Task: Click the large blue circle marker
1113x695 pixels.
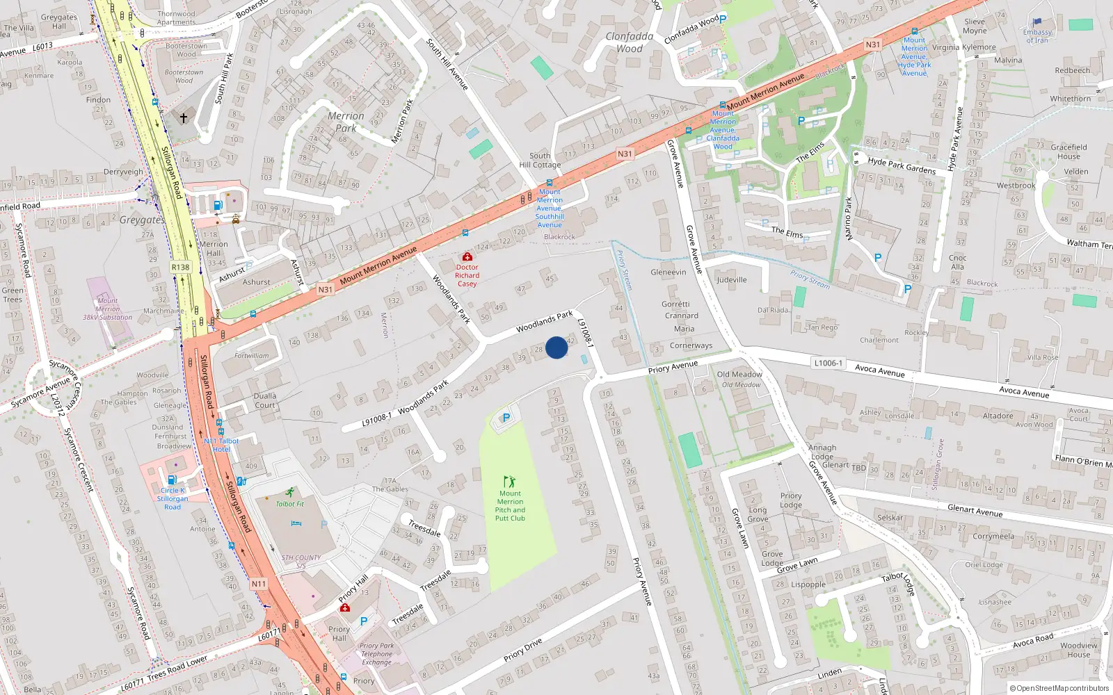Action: pos(556,347)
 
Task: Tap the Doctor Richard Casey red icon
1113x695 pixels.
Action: pos(467,257)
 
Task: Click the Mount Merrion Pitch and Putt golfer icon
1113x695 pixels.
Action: pos(510,482)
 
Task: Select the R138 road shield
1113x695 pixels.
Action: pos(180,267)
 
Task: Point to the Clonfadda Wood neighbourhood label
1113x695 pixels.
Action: pos(630,42)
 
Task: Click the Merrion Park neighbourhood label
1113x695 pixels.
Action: pos(346,122)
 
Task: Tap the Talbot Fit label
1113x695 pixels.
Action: pos(289,504)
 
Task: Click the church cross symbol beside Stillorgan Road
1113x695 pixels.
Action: pos(184,118)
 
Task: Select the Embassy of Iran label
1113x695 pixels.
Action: pos(1037,35)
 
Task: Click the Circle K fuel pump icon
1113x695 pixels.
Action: pos(172,480)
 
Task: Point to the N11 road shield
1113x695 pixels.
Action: pos(258,584)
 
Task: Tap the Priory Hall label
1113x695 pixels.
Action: pos(339,633)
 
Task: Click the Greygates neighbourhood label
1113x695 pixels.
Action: pos(142,220)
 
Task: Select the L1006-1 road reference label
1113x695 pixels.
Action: pos(828,363)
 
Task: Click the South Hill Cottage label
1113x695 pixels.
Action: pos(540,161)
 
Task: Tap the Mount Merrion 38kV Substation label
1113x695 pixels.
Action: pos(107,309)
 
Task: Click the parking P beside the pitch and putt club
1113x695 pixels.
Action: pos(506,418)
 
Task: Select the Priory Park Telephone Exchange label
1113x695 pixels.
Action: pos(376,653)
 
